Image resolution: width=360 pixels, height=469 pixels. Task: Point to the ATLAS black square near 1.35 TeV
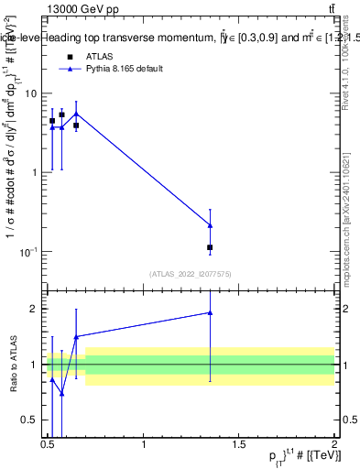(211, 247)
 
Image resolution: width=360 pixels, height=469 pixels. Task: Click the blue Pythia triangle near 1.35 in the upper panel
(211, 224)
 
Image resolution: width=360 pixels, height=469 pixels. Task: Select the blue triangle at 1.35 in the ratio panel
(211, 312)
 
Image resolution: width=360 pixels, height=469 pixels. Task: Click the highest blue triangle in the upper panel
(76, 114)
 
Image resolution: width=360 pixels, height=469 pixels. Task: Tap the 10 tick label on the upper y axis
(31, 93)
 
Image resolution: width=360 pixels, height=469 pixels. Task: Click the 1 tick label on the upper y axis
(35, 172)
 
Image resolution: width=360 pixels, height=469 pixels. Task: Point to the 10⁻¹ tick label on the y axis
(28, 250)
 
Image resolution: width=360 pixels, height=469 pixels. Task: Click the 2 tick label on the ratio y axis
(35, 309)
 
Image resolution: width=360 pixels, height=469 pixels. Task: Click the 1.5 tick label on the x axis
(239, 444)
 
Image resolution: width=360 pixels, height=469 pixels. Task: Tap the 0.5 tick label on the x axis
(48, 444)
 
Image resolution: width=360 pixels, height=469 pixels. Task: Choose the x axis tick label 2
(334, 444)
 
